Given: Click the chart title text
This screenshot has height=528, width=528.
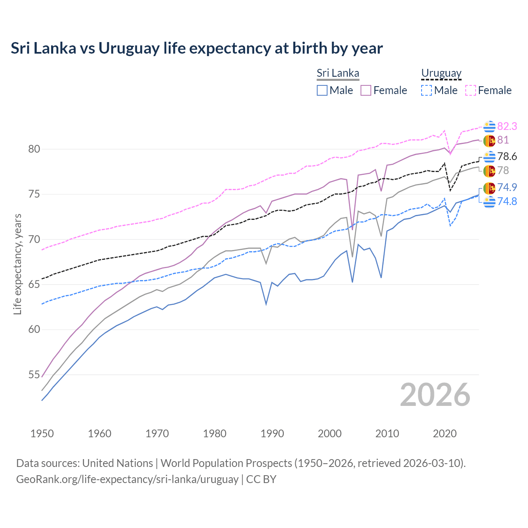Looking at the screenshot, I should (197, 48).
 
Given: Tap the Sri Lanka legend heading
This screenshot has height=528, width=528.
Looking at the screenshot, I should (338, 73).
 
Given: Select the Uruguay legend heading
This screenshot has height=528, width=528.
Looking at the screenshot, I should (441, 73).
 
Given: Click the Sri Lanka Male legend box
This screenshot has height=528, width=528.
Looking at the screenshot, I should (322, 90).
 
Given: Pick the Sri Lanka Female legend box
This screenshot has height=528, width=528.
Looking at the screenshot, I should (366, 90).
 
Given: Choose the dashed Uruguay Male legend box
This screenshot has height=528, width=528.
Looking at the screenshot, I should (427, 90).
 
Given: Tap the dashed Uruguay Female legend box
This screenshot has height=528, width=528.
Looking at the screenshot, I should (471, 90).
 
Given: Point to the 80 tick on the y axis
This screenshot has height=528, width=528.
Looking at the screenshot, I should (34, 149).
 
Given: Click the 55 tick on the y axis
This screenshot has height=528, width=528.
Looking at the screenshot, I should (34, 375).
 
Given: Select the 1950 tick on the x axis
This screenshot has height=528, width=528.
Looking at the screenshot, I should (42, 434).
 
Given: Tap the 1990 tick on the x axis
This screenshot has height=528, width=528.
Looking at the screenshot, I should (272, 434).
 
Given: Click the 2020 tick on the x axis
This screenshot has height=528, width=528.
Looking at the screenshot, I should (445, 434).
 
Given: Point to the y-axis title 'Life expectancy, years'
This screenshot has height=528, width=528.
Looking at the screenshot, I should (17, 264).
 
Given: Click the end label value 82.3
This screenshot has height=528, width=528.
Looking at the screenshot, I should (507, 126).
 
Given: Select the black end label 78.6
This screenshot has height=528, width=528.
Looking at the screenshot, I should (507, 156).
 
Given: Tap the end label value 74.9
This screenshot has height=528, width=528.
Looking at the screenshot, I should (507, 187).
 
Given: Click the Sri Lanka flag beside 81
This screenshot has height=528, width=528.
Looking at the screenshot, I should (489, 140).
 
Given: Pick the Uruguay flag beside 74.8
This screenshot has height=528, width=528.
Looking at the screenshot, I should (489, 202).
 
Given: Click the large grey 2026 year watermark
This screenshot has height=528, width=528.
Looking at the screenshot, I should (435, 395).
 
